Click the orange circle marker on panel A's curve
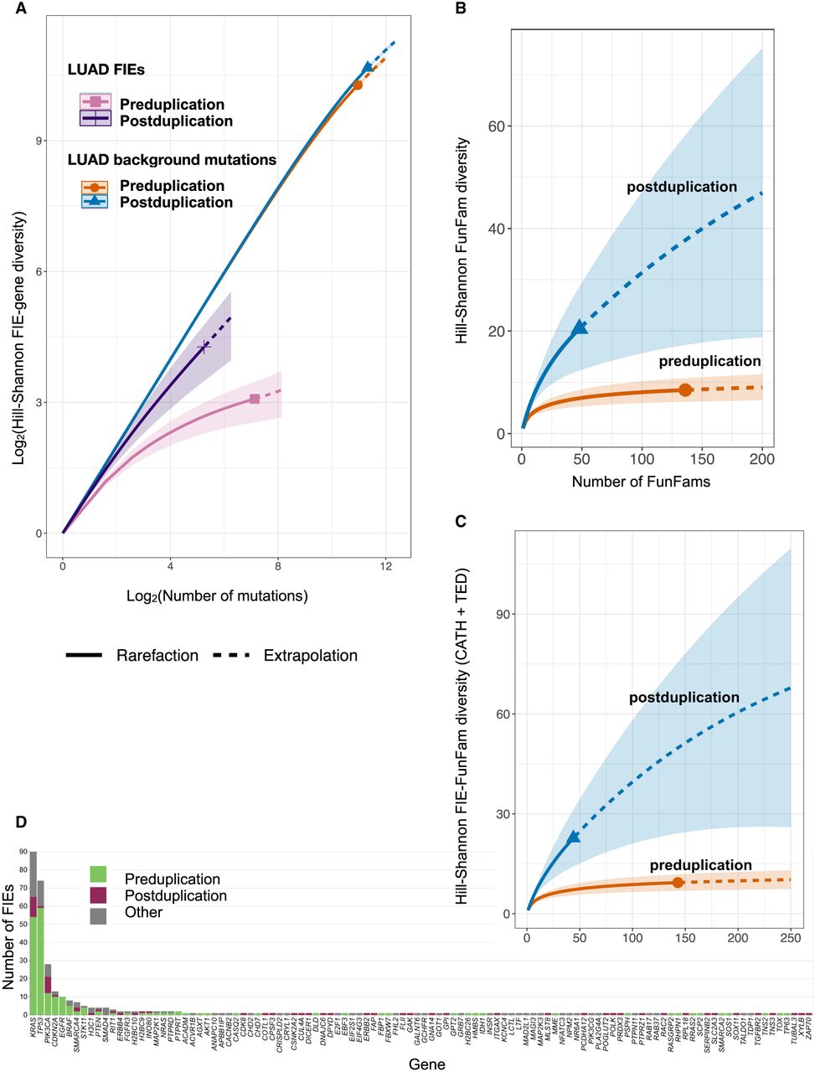click(x=358, y=85)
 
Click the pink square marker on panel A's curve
click(x=255, y=399)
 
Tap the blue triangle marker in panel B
click(x=580, y=327)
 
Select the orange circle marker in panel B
click(x=685, y=389)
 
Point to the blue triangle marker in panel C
click(x=574, y=837)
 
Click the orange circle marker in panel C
click(x=678, y=882)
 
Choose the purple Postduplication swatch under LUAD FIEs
click(x=95, y=121)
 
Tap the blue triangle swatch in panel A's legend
click(x=95, y=202)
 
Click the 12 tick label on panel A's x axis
click(x=385, y=566)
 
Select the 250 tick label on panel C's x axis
click(x=791, y=938)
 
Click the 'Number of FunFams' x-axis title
click(x=642, y=482)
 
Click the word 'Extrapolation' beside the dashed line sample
click(x=310, y=656)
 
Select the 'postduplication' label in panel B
click(x=682, y=188)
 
